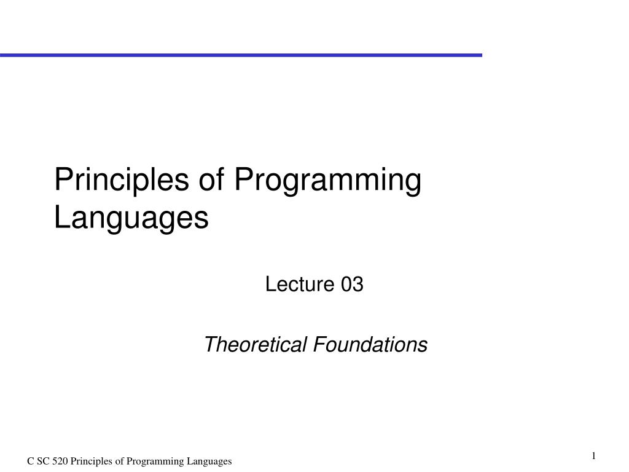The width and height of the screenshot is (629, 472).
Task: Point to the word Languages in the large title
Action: [131, 218]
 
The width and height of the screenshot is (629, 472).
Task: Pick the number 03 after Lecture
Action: [353, 285]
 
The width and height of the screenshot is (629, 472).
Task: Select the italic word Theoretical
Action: [256, 345]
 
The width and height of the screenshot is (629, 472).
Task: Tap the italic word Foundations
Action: [370, 345]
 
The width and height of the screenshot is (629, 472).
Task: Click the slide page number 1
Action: [594, 455]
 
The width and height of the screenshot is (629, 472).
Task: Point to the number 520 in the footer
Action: [61, 462]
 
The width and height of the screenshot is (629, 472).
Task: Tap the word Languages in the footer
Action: [210, 462]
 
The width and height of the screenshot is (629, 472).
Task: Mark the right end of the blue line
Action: [480, 55]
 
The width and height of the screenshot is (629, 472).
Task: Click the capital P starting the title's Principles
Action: [61, 181]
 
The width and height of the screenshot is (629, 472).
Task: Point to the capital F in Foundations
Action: [318, 345]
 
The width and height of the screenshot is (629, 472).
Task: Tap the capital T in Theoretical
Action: [209, 345]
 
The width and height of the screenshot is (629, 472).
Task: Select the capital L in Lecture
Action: [269, 285]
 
